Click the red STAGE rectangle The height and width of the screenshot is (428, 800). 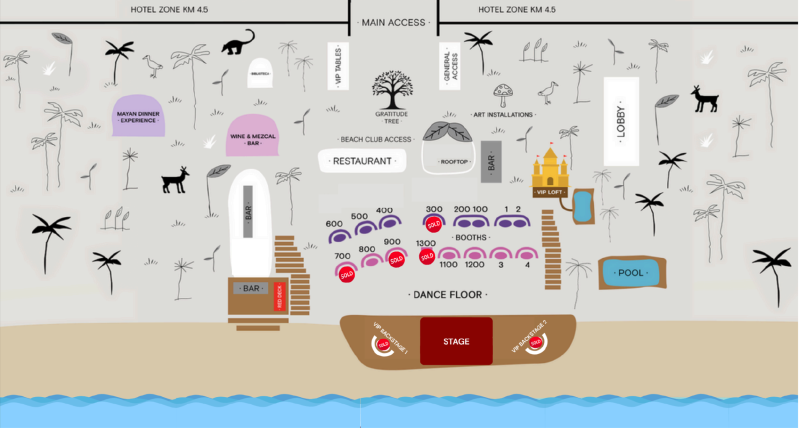455,341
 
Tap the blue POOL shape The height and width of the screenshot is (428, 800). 631,273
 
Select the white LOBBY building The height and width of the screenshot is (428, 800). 620,120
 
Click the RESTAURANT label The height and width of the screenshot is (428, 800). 362,160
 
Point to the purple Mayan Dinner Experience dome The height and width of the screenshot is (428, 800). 139,117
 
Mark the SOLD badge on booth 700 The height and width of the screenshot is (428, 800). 346,273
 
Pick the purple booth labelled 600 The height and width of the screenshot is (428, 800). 340,236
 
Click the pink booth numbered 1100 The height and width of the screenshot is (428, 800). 449,255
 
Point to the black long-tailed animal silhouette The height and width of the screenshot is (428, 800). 238,43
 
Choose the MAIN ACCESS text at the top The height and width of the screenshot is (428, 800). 393,21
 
